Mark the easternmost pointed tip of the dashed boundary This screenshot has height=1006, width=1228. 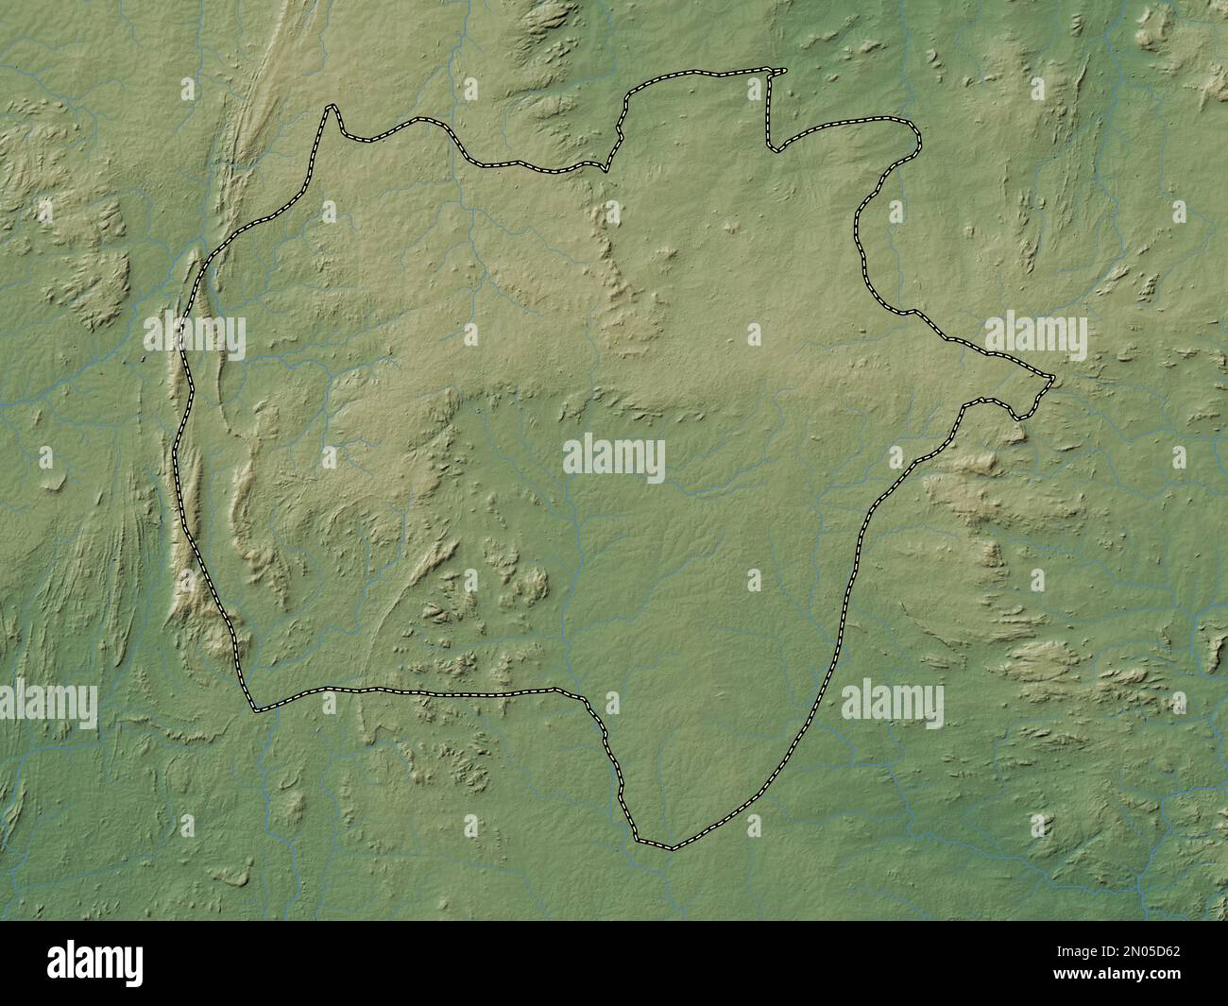click(x=1052, y=379)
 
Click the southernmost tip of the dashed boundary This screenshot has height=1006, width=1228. click(x=672, y=848)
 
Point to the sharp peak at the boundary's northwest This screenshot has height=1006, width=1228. click(x=331, y=107)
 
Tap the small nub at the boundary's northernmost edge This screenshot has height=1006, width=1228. click(x=780, y=70)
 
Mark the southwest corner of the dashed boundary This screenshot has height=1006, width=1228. click(x=253, y=708)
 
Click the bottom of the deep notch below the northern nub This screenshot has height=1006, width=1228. click(x=774, y=149)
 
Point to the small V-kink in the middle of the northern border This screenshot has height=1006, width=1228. click(x=605, y=170)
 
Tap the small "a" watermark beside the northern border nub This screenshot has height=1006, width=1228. click(x=754, y=89)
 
